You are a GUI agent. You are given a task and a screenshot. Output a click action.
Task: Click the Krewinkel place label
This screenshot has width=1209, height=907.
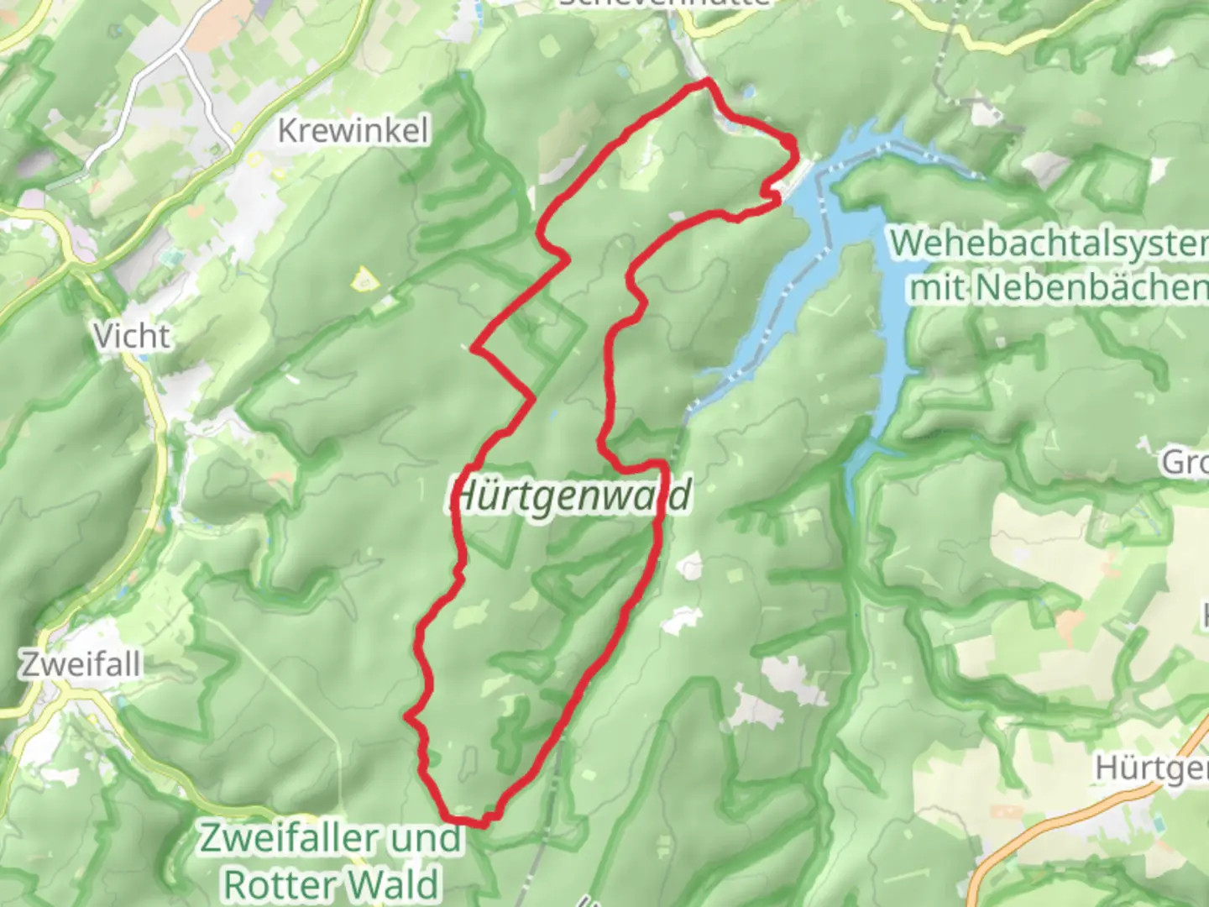353,131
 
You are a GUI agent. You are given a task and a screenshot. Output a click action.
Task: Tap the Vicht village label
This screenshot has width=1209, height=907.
132,337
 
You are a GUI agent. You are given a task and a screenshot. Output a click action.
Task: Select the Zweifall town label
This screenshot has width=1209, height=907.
81,664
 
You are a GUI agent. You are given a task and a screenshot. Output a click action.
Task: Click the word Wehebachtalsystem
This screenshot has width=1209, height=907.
1049,244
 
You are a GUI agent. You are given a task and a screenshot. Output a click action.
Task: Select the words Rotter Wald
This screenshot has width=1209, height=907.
331,884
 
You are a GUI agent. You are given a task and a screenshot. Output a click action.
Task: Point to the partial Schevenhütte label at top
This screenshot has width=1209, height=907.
663,3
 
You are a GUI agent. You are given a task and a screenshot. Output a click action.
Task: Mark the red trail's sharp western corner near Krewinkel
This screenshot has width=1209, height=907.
475,348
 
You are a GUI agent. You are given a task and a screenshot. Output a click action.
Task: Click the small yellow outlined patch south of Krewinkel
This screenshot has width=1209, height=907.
364,278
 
